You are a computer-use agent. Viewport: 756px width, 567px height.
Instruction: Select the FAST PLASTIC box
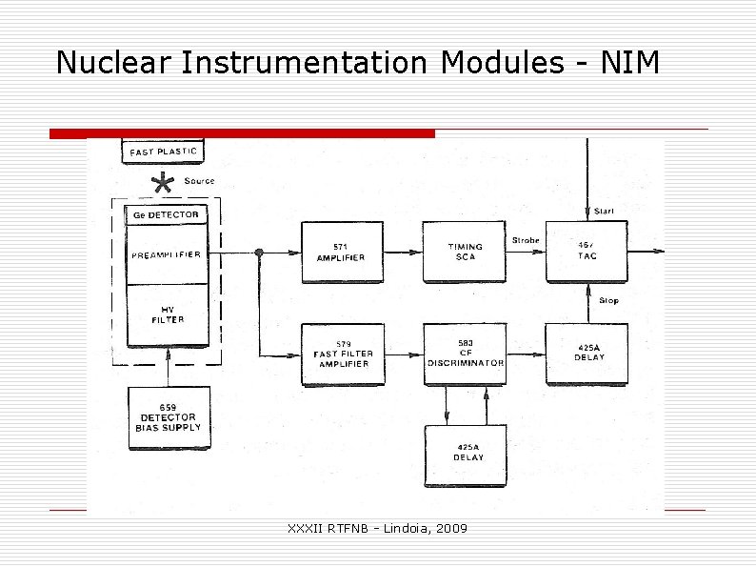coord(164,151)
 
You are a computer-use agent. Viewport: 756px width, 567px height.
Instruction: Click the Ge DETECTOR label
coord(166,215)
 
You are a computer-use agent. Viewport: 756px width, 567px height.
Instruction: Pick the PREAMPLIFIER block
coord(167,254)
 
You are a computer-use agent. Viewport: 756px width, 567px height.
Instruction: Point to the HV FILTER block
coord(167,314)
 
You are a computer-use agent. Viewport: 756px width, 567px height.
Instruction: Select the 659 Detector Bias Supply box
coord(168,418)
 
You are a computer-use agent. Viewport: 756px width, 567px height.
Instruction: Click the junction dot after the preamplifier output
coord(259,253)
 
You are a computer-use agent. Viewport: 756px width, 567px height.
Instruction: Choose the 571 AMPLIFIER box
coord(342,252)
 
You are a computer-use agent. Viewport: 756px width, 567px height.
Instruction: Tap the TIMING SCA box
coord(465,252)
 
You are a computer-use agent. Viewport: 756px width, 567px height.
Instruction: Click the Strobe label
coord(526,240)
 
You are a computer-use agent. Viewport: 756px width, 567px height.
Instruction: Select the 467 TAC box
coord(587,252)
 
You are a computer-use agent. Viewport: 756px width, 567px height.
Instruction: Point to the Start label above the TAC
coord(605,211)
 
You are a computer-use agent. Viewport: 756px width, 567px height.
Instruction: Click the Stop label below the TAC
coord(608,300)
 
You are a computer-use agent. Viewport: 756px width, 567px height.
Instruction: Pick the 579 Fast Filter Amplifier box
coord(343,354)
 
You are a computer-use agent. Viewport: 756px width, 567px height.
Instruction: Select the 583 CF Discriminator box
coord(465,354)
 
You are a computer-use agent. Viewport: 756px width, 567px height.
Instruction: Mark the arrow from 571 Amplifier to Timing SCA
coord(403,253)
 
